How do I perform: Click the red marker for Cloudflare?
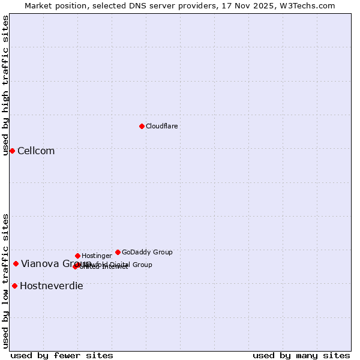[x=142, y=126]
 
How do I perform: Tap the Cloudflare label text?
[x=161, y=126]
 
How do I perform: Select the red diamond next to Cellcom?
[x=12, y=151]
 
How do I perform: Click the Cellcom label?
[x=36, y=151]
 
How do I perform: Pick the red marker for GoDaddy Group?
[x=118, y=252]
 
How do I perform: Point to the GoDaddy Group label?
[x=147, y=252]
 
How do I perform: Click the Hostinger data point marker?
[x=77, y=256]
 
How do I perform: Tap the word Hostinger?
[x=97, y=256]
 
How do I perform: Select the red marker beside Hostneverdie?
[x=14, y=286]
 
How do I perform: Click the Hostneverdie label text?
[x=52, y=286]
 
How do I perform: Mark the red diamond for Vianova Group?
[x=16, y=263]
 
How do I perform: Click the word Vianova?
[x=40, y=264]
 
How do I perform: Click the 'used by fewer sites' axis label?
[x=62, y=355]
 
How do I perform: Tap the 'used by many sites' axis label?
[x=301, y=355]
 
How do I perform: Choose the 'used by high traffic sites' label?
[x=5, y=85]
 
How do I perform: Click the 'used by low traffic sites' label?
[x=5, y=280]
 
